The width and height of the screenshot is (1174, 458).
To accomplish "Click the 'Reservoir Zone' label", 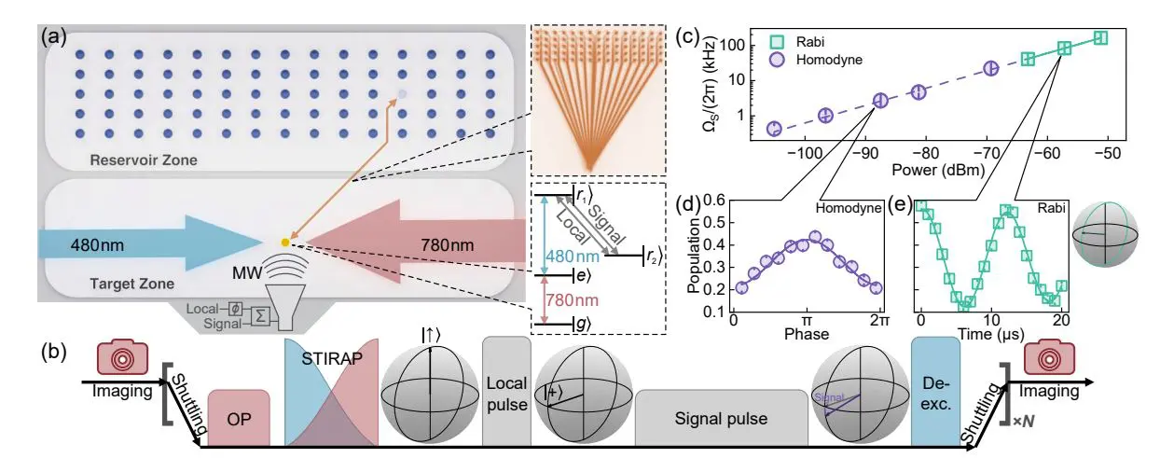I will click(144, 160).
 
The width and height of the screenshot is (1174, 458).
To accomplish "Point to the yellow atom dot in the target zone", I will click(284, 242).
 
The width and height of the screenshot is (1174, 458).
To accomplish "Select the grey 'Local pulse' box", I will click(507, 385).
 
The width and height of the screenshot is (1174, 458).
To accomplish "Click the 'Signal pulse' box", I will click(722, 418).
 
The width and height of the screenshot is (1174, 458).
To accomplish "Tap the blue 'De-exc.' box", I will click(935, 385).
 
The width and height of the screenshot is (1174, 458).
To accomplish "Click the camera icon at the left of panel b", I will click(117, 357).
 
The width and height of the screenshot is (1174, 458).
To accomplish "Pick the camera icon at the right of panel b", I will click(1049, 357).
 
